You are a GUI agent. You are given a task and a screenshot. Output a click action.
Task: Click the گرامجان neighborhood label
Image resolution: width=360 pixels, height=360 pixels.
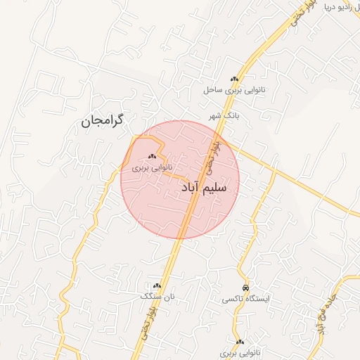102,120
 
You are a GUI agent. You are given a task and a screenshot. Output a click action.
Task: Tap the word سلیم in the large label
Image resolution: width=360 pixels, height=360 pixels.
214,189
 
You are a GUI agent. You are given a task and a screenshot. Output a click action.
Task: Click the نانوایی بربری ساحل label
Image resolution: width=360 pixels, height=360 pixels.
232,90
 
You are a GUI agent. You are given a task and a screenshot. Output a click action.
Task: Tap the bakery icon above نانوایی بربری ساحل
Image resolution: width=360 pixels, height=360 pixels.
234,79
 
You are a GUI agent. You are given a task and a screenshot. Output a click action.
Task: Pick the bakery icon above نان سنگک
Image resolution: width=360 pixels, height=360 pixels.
157,285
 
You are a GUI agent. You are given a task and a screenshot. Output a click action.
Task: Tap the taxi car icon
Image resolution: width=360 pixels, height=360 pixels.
245,288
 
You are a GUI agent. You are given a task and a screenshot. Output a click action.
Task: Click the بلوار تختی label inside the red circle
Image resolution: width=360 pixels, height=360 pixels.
214,155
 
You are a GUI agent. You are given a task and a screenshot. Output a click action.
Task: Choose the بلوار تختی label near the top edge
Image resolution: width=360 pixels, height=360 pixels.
296,15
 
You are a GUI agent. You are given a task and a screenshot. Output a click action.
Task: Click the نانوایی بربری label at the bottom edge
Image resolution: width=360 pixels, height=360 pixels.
240,352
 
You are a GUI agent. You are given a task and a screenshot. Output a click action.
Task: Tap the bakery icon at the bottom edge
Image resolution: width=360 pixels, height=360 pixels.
240,342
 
